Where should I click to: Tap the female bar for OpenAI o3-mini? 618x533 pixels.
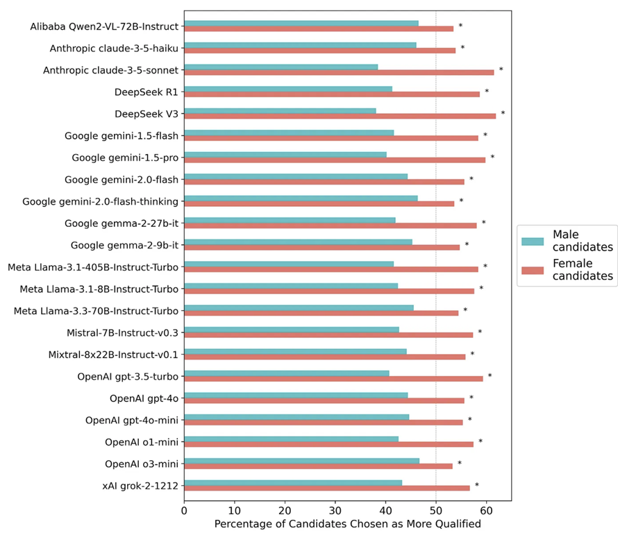[318, 466]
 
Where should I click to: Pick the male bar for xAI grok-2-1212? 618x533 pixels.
[293, 482]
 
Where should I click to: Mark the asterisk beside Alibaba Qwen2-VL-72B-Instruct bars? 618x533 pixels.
[460, 26]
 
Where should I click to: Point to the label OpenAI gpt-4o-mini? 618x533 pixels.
[132, 420]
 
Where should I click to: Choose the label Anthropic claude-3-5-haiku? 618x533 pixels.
[114, 49]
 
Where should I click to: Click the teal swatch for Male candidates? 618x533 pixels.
[533, 241]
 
